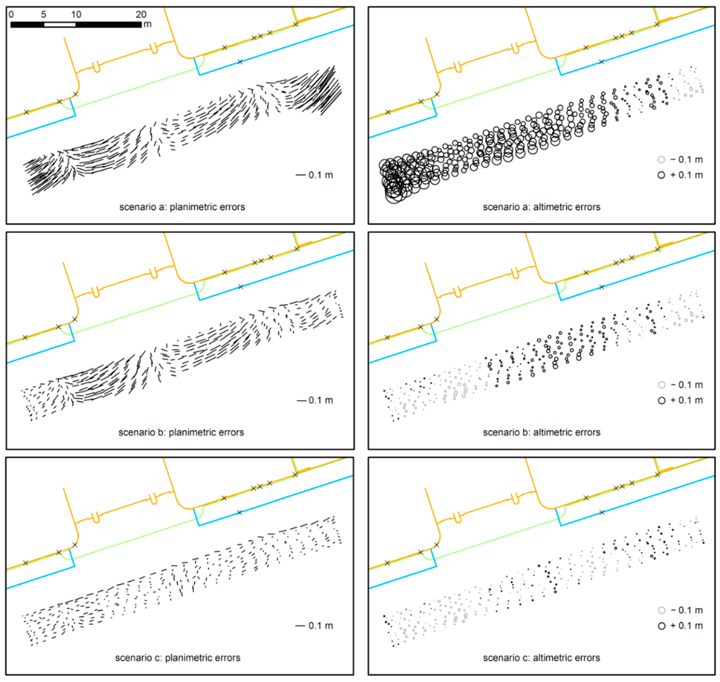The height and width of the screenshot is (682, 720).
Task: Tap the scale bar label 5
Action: (44, 15)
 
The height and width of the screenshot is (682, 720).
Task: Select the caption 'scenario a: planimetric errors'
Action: (182, 207)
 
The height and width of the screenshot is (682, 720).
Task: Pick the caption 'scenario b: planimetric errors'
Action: (181, 432)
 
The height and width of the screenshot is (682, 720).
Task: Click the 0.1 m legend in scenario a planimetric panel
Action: (314, 175)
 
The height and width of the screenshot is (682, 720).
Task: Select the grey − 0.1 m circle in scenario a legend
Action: (661, 160)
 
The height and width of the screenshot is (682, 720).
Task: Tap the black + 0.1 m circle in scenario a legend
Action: (661, 175)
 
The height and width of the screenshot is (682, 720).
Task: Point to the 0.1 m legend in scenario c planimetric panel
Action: (314, 626)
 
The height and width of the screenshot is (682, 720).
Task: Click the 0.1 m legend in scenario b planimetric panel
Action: (314, 400)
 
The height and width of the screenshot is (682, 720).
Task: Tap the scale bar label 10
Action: (76, 15)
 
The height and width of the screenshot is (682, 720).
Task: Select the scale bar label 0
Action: (11, 15)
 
